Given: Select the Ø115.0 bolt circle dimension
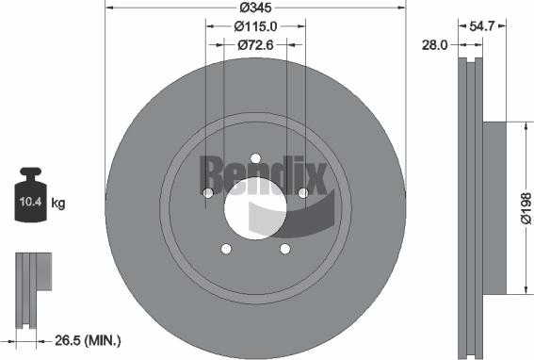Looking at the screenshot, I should pyautogui.click(x=255, y=26).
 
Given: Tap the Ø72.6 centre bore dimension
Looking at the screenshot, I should pyautogui.click(x=255, y=45).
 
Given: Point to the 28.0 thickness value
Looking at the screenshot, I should pyautogui.click(x=435, y=44).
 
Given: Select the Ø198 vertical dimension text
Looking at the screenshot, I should pyautogui.click(x=525, y=207).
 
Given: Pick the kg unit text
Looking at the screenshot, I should pyautogui.click(x=58, y=203).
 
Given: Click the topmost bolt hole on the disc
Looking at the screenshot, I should pyautogui.click(x=255, y=157).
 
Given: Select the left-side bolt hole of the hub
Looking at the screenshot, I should pyautogui.click(x=207, y=193).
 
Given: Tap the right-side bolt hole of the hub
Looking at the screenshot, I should pyautogui.click(x=303, y=193).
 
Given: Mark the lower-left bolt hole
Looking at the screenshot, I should pyautogui.click(x=225, y=249).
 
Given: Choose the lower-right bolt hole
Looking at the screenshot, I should pyautogui.click(x=284, y=249).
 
